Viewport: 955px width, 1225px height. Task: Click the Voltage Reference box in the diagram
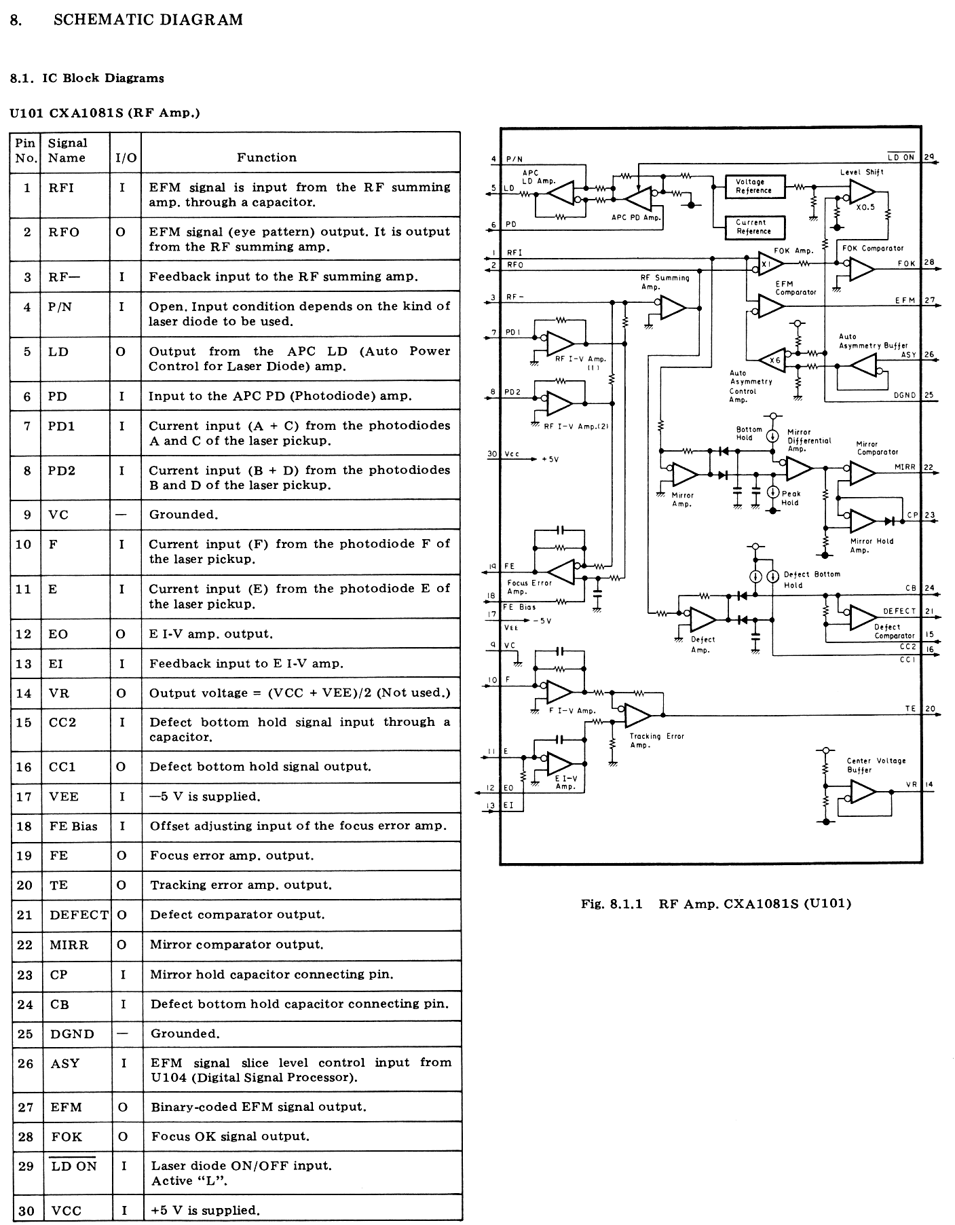pyautogui.click(x=755, y=186)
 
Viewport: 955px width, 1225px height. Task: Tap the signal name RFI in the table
pyautogui.click(x=61, y=188)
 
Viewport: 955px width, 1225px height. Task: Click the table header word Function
pyautogui.click(x=267, y=158)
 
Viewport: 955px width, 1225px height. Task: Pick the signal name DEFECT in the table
pyautogui.click(x=79, y=915)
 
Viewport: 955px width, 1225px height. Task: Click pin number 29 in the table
pyautogui.click(x=26, y=1167)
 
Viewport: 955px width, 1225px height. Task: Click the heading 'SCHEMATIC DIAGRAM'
pyautogui.click(x=148, y=20)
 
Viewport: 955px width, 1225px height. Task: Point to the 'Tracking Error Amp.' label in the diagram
pyautogui.click(x=656, y=740)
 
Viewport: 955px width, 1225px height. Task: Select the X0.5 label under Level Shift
pyautogui.click(x=865, y=208)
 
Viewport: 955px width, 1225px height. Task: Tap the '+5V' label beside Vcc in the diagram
pyautogui.click(x=550, y=460)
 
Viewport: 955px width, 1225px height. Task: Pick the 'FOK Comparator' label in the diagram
pyautogui.click(x=873, y=249)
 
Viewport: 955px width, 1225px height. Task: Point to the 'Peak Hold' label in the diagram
pyautogui.click(x=791, y=498)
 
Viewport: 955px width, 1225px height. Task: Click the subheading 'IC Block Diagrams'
pyautogui.click(x=103, y=78)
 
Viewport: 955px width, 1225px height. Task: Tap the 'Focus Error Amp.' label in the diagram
pyautogui.click(x=529, y=587)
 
